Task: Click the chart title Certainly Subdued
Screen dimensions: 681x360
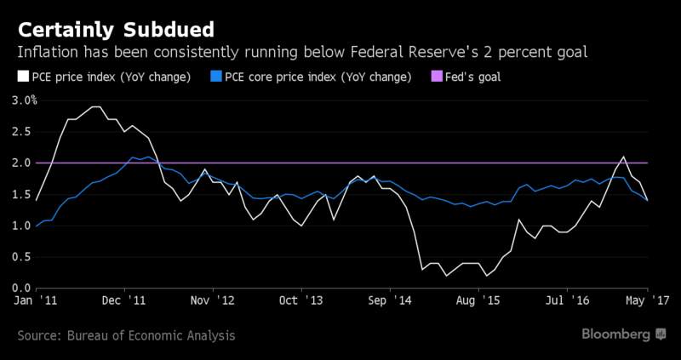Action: pos(116,31)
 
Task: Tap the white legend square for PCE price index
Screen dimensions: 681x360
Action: pos(24,77)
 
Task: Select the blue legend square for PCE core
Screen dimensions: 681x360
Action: pos(217,77)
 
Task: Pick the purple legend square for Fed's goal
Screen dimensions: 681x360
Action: pos(437,77)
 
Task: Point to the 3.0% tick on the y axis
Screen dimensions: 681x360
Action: pos(25,100)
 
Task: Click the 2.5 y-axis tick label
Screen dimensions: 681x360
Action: pos(22,132)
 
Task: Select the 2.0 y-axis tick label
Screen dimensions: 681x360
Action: pos(22,163)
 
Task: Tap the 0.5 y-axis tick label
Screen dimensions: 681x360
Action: pos(22,257)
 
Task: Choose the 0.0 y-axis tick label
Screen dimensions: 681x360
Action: pos(22,288)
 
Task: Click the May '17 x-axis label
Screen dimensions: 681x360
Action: pos(648,300)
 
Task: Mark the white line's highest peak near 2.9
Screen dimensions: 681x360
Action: pos(96,106)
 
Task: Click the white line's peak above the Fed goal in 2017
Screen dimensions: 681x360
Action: pos(624,157)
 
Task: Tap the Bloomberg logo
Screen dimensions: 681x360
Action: pos(624,334)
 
